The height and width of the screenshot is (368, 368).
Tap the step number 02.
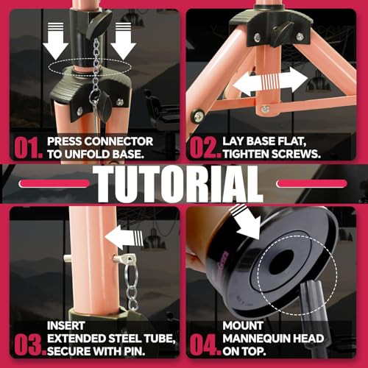click(x=205, y=146)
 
